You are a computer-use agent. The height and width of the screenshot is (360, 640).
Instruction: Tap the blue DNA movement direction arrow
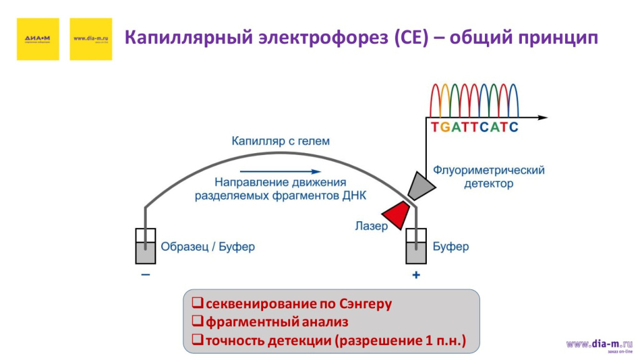click(281, 171)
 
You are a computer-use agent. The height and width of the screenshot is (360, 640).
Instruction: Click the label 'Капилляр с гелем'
click(281, 141)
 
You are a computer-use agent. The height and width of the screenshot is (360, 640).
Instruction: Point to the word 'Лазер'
click(371, 226)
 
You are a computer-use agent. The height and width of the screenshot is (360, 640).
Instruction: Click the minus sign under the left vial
click(146, 275)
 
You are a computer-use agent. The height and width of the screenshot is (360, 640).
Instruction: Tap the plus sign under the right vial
click(416, 275)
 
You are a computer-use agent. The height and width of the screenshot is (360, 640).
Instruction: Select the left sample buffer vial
click(146, 246)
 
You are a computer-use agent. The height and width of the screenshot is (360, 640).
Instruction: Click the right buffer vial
click(416, 246)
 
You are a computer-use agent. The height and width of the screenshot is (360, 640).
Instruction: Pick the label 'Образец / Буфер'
click(207, 247)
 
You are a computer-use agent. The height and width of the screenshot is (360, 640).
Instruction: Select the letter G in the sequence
click(444, 127)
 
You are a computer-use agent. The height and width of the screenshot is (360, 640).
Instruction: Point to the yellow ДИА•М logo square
click(37, 39)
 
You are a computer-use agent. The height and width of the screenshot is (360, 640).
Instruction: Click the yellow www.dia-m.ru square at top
click(91, 39)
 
